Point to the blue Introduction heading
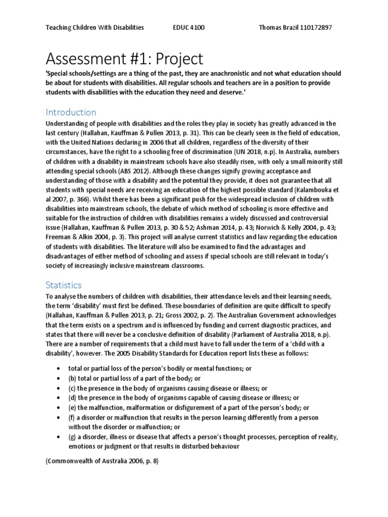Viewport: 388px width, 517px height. pos(71,112)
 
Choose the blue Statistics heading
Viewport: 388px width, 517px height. pos(63,285)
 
